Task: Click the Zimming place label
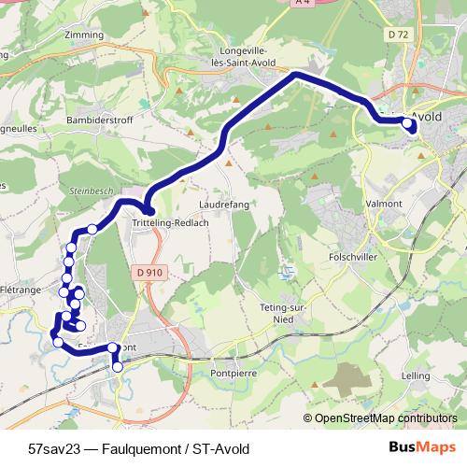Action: (x=85, y=35)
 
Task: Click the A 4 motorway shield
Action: (x=300, y=4)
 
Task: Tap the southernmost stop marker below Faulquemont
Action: (x=118, y=367)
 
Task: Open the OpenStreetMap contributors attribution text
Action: (x=385, y=418)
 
